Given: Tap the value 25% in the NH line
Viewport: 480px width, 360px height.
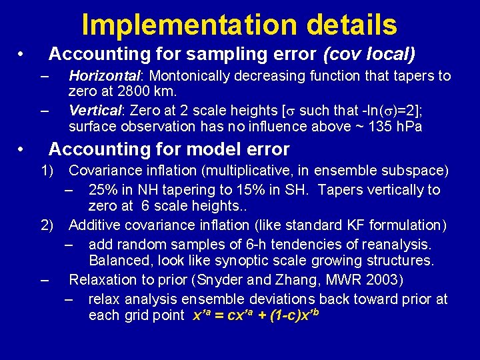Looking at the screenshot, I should tap(104, 190).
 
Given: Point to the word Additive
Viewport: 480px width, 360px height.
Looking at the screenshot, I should tap(96, 225).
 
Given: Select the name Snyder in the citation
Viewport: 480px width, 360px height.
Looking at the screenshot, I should tap(236, 279).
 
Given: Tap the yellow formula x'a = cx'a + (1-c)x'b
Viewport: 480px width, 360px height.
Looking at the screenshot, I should tap(256, 314).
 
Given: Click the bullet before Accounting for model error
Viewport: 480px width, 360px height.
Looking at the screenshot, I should tap(22, 149).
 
